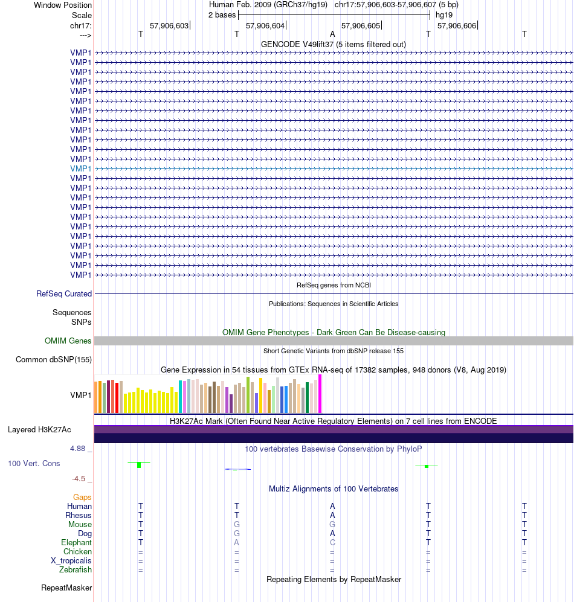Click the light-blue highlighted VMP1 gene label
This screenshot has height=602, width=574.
pyautogui.click(x=81, y=168)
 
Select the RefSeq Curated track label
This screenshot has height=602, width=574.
pyautogui.click(x=64, y=293)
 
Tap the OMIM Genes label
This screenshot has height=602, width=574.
pyautogui.click(x=68, y=341)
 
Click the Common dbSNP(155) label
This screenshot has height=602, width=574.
pyautogui.click(x=54, y=360)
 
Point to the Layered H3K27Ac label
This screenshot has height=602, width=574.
pyautogui.click(x=39, y=430)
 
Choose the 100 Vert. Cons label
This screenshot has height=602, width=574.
pyautogui.click(x=34, y=463)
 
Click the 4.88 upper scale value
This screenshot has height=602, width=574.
pyautogui.click(x=77, y=449)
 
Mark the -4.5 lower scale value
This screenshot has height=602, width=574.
pyautogui.click(x=79, y=479)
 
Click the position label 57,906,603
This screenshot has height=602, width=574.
pyautogui.click(x=169, y=26)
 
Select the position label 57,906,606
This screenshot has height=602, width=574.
pyautogui.click(x=457, y=26)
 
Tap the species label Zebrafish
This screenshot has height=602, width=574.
pyautogui.click(x=76, y=570)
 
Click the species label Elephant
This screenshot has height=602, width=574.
pyautogui.click(x=77, y=542)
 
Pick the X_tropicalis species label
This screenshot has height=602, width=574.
pyautogui.click(x=71, y=560)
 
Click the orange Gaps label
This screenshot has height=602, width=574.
pyautogui.click(x=82, y=497)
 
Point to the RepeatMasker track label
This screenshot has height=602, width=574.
pyautogui.click(x=66, y=588)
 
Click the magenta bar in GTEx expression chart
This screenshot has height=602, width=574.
pyautogui.click(x=320, y=394)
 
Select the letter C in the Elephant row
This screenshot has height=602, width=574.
pyautogui.click(x=332, y=542)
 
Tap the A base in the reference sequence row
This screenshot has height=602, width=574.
pyautogui.click(x=332, y=34)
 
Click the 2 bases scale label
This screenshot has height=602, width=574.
pyautogui.click(x=222, y=15)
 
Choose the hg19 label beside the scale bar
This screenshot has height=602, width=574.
pyautogui.click(x=443, y=15)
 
